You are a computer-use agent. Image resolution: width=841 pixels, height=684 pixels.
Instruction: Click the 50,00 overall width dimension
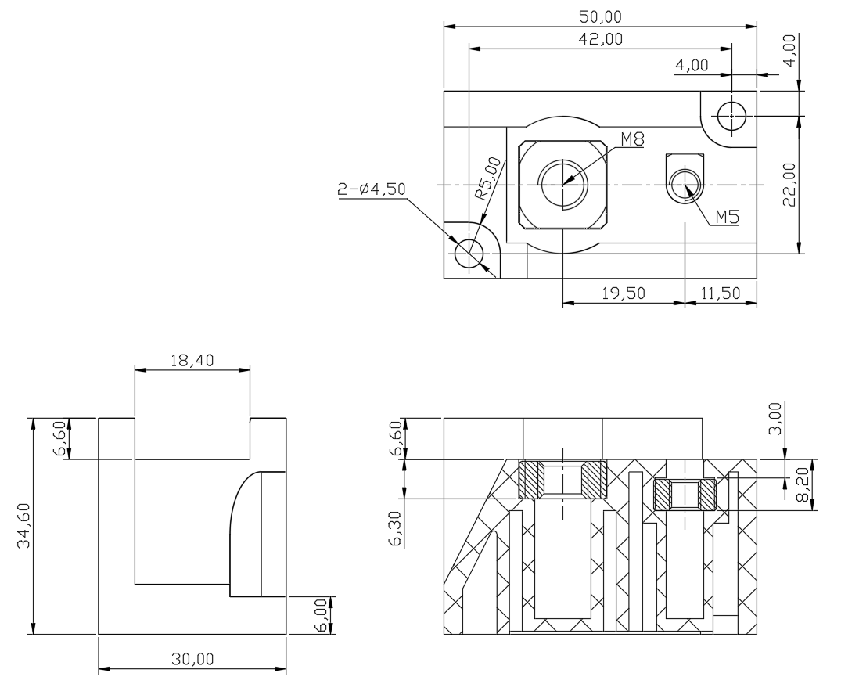point(600,16)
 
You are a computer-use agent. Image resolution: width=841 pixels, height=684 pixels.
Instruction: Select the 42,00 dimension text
point(601,38)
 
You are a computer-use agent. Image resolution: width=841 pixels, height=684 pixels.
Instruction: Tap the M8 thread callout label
point(632,139)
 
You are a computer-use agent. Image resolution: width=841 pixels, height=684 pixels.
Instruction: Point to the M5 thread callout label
point(728,217)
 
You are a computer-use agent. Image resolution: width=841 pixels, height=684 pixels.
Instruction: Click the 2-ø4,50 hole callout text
point(372,189)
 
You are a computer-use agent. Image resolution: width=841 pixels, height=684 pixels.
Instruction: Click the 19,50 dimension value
point(624,293)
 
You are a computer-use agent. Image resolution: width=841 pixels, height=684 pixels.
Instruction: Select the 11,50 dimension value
point(721,293)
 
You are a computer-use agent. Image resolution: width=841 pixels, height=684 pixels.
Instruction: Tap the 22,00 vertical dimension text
point(789,185)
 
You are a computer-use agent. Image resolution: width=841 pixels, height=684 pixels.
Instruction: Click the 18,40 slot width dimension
point(192,360)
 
